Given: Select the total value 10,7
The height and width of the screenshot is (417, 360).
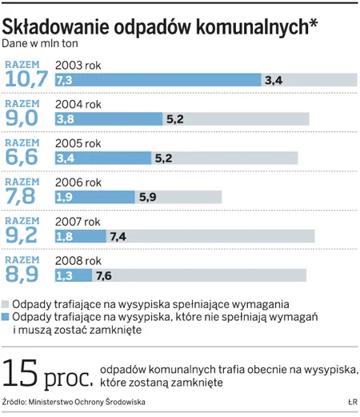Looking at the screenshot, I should [x=27, y=79].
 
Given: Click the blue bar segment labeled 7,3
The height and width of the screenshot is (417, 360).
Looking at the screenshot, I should [x=158, y=79].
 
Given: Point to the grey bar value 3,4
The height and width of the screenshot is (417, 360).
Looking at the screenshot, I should [x=274, y=79].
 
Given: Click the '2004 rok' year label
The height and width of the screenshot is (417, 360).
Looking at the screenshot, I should [x=78, y=104].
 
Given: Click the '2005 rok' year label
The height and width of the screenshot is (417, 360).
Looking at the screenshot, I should [x=78, y=143].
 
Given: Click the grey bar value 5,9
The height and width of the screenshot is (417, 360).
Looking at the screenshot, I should [x=149, y=197].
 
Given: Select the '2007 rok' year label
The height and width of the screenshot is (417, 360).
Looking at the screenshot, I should [x=78, y=222].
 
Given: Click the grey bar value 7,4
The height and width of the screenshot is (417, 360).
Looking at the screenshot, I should [x=119, y=236].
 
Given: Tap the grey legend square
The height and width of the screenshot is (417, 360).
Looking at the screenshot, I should [x=6, y=305].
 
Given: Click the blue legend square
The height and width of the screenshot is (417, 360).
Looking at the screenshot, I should [x=6, y=318].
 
